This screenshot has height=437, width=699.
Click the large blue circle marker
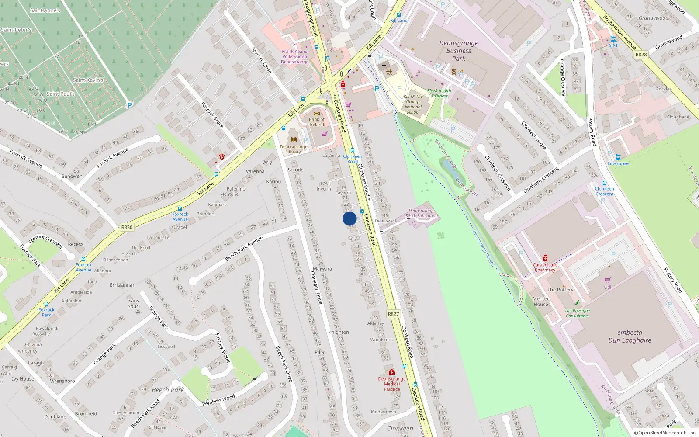[x=349, y=218]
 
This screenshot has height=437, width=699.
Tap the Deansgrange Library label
[x=294, y=149]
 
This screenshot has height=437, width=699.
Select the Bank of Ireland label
[x=317, y=122]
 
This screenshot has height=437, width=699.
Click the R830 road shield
[x=127, y=227]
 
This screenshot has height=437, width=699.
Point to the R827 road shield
[x=393, y=314]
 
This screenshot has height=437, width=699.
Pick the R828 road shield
[x=641, y=55]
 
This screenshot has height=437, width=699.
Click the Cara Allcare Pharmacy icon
[x=545, y=258]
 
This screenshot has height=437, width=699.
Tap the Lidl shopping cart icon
[x=607, y=280]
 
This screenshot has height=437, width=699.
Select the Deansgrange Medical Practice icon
[x=392, y=372]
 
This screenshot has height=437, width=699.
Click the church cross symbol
[x=384, y=66]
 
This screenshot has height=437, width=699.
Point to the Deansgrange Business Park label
[x=459, y=51]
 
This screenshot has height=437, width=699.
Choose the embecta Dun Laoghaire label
[x=630, y=336]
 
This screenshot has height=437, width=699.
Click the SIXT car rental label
[x=613, y=45]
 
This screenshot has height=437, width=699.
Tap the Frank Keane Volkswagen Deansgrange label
[x=294, y=57]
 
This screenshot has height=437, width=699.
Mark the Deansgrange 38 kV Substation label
[x=422, y=213]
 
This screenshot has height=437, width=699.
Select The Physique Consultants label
[x=577, y=313]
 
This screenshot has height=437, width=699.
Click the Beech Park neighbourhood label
[x=168, y=390]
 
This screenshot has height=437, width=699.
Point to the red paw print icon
[x=222, y=156]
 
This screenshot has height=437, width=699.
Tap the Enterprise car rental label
[x=618, y=163]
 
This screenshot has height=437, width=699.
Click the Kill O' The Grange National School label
[x=413, y=104]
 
